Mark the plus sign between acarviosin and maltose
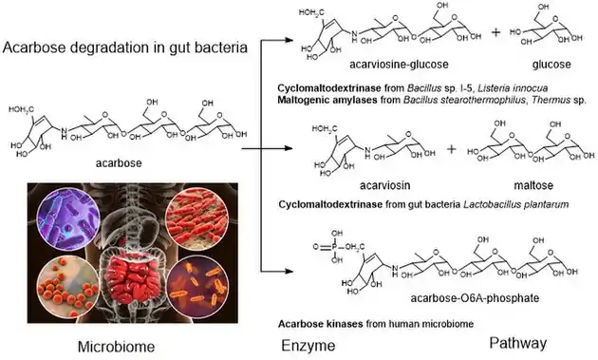pos(450,149)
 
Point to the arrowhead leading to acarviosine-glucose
pos(290,41)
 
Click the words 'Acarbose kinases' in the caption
pos(314,321)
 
